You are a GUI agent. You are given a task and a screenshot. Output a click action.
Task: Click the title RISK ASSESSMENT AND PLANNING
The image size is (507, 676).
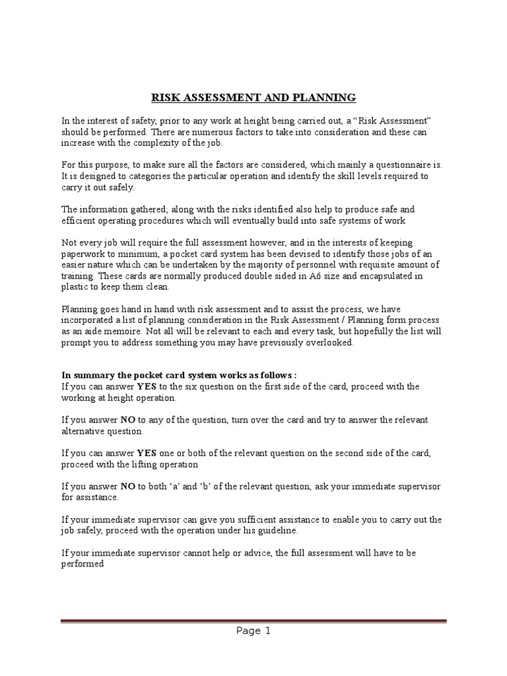(x=253, y=98)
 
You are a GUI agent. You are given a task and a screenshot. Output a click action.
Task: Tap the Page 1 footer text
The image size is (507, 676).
(x=253, y=630)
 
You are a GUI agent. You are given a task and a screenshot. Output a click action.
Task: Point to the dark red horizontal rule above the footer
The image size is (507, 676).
(x=253, y=621)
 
